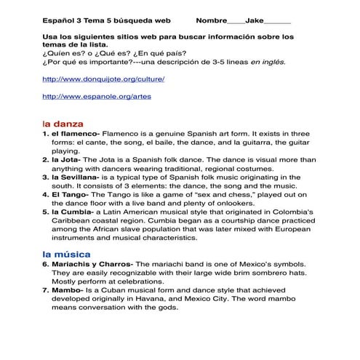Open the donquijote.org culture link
coord(104,78)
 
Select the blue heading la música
coord(66,255)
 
